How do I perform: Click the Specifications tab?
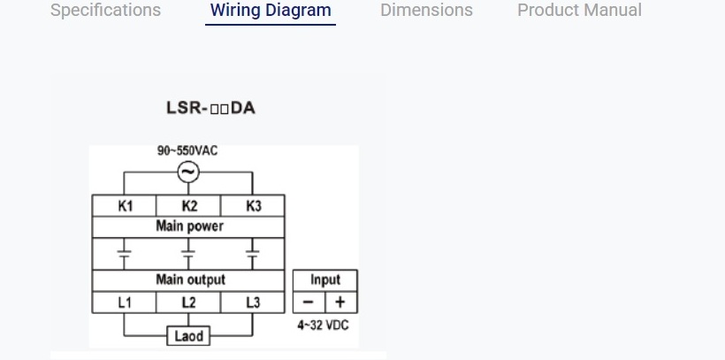[x=105, y=11]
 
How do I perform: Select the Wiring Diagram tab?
[x=271, y=11]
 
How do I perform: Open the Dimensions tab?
[x=426, y=11]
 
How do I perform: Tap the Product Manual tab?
[x=579, y=11]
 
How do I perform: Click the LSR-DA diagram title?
[x=211, y=109]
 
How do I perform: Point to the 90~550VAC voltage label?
[x=187, y=150]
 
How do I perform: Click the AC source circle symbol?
[x=188, y=172]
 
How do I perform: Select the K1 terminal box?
[x=125, y=206]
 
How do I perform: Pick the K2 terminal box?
[x=189, y=206]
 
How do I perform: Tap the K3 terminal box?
[x=254, y=206]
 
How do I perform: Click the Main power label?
[x=189, y=226]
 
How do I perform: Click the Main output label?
[x=189, y=280]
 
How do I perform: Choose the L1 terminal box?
[x=125, y=303]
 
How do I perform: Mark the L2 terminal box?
[x=189, y=303]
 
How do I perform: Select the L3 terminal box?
[x=254, y=303]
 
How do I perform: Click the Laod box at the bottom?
[x=188, y=336]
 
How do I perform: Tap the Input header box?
[x=325, y=280]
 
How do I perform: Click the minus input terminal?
[x=309, y=303]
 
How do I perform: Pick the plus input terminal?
[x=341, y=303]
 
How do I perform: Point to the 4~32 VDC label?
[x=324, y=326]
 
